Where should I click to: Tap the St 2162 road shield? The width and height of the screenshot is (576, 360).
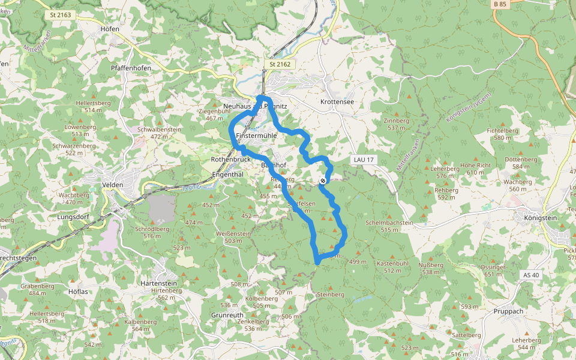(x=280, y=64)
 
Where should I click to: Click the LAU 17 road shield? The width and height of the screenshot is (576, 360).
(x=364, y=160)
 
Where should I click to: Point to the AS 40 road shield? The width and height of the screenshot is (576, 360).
(x=532, y=275)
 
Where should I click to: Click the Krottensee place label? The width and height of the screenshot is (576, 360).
(x=337, y=102)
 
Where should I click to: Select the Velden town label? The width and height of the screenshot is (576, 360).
(x=113, y=185)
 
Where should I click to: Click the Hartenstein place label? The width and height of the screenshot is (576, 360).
(x=158, y=283)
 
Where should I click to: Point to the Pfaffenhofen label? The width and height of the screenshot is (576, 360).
(x=131, y=68)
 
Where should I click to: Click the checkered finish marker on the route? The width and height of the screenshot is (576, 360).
(x=323, y=181)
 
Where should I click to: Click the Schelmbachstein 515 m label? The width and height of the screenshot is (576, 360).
(x=389, y=226)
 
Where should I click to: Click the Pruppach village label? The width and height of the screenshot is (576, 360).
(x=509, y=311)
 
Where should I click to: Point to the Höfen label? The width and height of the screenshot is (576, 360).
(x=110, y=29)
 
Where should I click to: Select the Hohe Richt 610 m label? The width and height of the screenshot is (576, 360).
(x=475, y=169)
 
